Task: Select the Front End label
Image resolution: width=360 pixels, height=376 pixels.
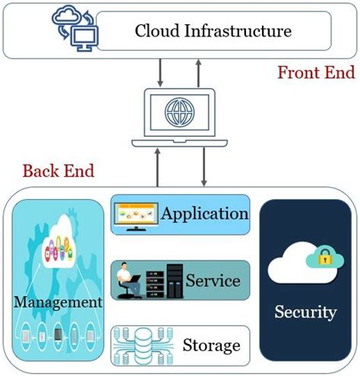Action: pyautogui.click(x=315, y=73)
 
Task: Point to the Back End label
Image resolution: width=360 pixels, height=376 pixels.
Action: pyautogui.click(x=58, y=170)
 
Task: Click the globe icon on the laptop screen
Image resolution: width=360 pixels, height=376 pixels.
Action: pyautogui.click(x=180, y=116)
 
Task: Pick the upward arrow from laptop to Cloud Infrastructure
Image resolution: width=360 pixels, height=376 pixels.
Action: pyautogui.click(x=198, y=74)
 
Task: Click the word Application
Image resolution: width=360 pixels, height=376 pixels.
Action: pyautogui.click(x=204, y=213)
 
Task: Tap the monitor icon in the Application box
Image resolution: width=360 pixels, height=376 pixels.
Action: pyautogui.click(x=135, y=215)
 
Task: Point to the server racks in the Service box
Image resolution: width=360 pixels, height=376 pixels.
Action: pyautogui.click(x=166, y=281)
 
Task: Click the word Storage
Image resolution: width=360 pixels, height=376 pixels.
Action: pyautogui.click(x=211, y=346)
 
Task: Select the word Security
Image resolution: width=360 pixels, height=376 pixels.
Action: pyautogui.click(x=305, y=311)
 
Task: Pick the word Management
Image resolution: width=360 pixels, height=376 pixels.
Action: pyautogui.click(x=58, y=302)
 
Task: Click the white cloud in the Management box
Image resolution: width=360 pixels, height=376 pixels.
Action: pyautogui.click(x=58, y=247)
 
